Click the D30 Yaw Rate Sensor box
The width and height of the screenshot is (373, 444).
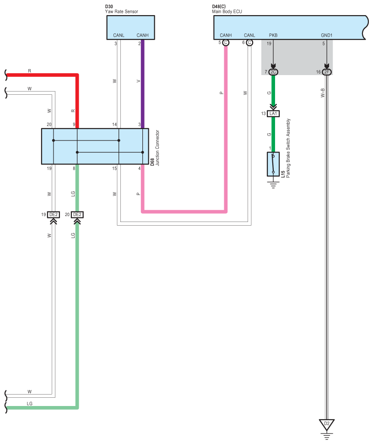point(130,27)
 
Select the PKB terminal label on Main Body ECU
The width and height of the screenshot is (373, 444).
point(273,35)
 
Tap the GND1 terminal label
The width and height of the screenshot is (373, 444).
point(327,35)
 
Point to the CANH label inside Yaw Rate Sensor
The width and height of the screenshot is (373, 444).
point(142,35)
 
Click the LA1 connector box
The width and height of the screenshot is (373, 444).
point(273,114)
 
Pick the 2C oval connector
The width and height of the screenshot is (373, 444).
point(273,72)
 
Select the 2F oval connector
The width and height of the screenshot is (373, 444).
point(327,72)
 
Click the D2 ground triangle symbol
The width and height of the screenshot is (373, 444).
point(327,425)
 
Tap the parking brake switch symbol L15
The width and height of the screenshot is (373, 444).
point(273,164)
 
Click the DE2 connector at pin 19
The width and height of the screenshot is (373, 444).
point(54,215)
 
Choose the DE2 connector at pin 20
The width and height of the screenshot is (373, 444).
point(77,215)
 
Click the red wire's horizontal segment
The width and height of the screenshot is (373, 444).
point(42,75)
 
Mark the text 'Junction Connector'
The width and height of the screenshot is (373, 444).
point(157,148)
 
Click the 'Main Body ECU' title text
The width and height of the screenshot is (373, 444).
point(227,11)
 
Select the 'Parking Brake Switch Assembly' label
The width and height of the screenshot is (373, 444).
point(288,148)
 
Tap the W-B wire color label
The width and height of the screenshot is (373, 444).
point(323,93)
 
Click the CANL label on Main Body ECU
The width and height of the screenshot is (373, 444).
point(249,35)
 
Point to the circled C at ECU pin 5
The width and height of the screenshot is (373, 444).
point(226,43)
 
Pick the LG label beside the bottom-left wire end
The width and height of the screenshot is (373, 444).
point(29,404)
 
